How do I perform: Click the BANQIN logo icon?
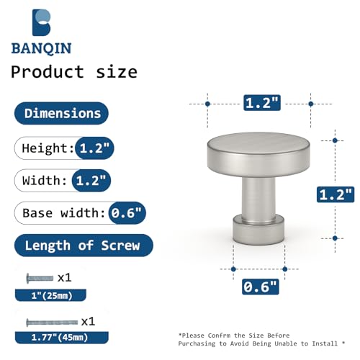[x=41, y=22]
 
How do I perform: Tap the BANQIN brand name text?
[x=41, y=48]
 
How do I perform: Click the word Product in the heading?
[x=48, y=72]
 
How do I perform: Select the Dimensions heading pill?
[x=61, y=113]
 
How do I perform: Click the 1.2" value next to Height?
[x=94, y=148]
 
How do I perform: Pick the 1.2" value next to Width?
[x=91, y=181]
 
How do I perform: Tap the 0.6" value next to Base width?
[x=127, y=213]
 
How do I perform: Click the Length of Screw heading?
[x=84, y=246]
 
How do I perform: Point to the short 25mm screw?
[x=40, y=278]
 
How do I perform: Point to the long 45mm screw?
[x=52, y=323]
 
